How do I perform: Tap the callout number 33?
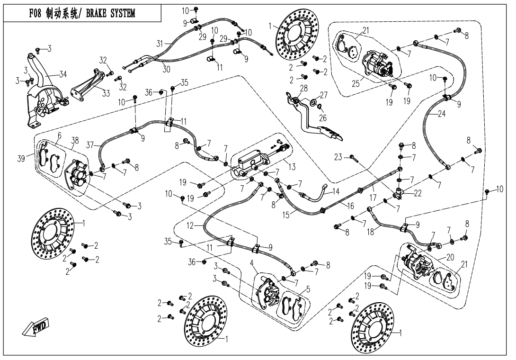point(106,93)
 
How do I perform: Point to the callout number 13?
point(292,166)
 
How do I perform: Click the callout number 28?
point(303,88)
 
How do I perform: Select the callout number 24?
point(442,114)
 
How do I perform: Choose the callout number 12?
point(190,226)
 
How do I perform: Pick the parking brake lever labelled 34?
point(43,95)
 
